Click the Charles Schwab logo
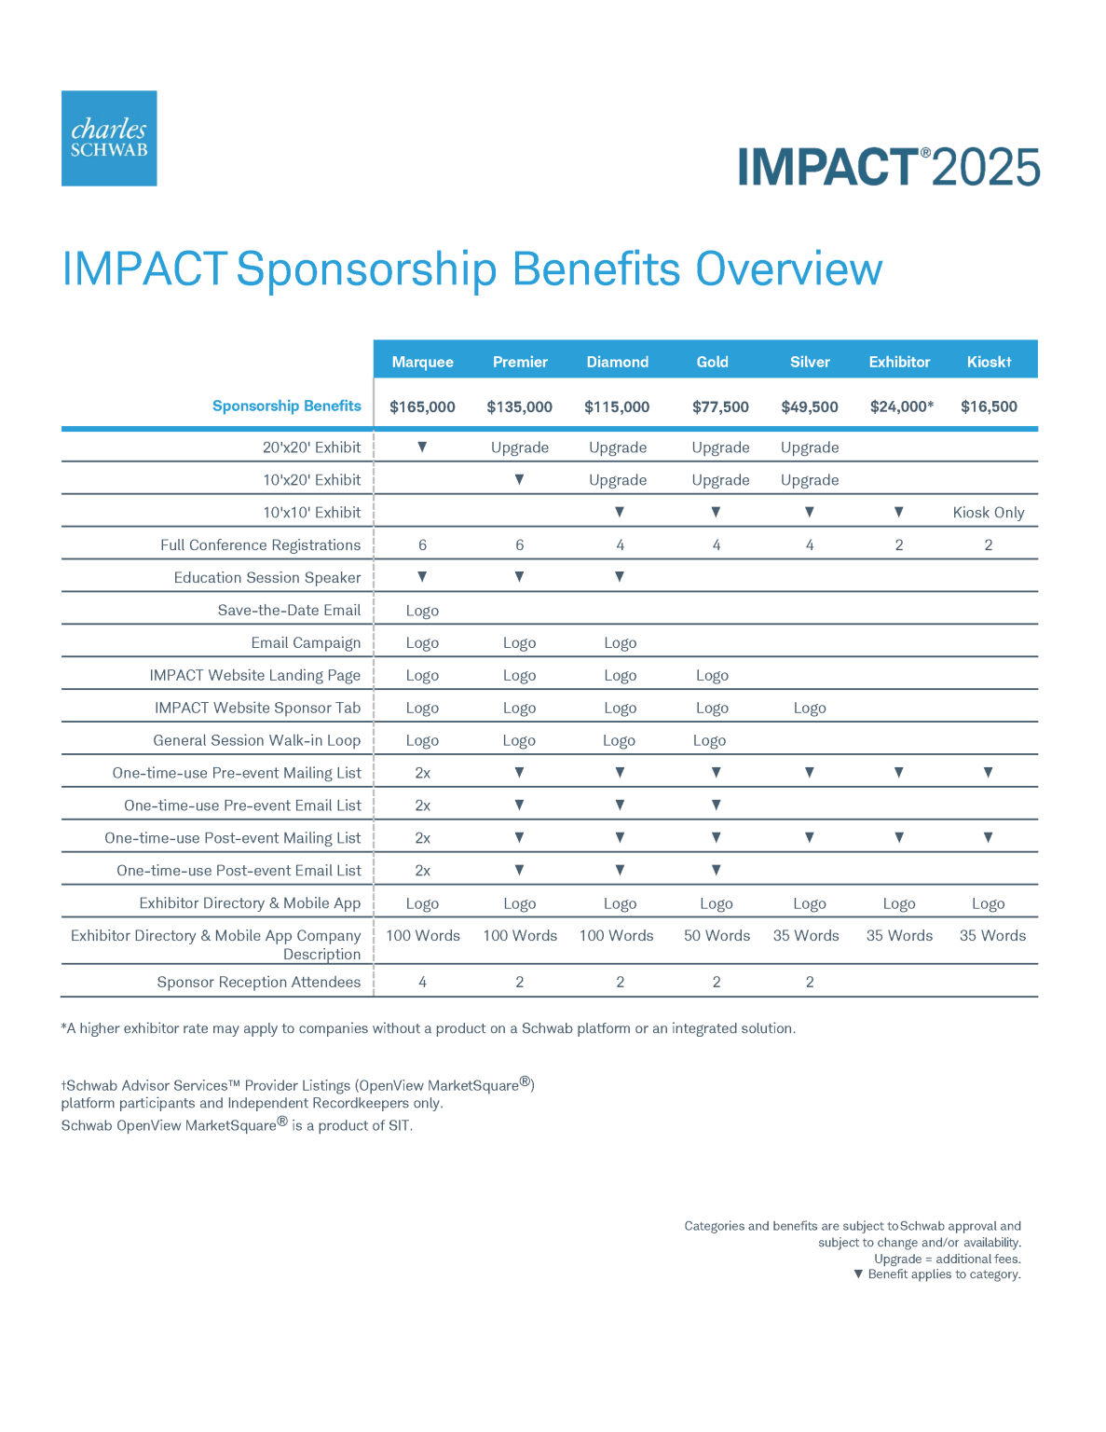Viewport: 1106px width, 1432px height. click(109, 138)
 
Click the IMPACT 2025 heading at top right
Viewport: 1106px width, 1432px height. click(888, 168)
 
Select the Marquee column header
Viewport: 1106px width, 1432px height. click(422, 362)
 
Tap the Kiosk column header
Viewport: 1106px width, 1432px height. click(989, 362)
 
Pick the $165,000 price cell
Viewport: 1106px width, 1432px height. click(422, 406)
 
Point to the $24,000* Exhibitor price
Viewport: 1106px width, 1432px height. click(901, 406)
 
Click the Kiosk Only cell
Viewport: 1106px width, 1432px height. click(988, 513)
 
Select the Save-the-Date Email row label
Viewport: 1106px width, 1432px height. click(289, 610)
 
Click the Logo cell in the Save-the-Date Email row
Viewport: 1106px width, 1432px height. click(422, 611)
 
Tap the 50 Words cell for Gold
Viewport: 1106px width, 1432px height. click(717, 936)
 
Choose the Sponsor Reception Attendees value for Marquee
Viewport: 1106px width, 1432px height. click(422, 982)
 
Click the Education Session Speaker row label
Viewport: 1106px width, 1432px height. click(266, 577)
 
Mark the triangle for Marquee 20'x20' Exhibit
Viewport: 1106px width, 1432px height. click(422, 447)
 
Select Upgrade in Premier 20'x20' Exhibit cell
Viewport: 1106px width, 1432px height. click(519, 447)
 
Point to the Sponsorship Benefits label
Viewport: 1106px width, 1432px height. click(286, 406)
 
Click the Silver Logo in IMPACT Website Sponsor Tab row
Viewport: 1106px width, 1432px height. click(810, 709)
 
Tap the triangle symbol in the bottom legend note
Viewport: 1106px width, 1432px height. click(858, 1274)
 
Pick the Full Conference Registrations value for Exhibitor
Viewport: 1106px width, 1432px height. click(899, 545)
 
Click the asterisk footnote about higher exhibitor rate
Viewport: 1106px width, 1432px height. click(428, 1028)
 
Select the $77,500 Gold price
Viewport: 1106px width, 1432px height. click(720, 406)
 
